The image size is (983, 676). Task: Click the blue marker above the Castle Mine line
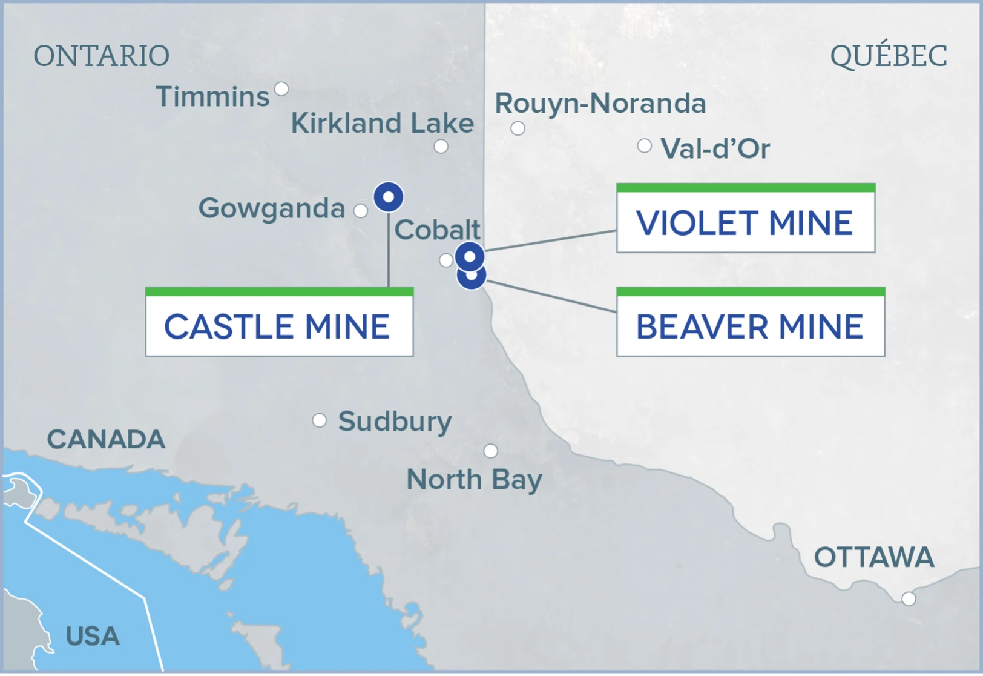pos(389,197)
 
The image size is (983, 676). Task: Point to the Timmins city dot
pos(281,89)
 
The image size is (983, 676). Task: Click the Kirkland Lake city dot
pos(441,146)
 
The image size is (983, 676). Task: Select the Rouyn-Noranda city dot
pos(518,128)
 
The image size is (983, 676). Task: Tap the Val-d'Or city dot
pos(645,145)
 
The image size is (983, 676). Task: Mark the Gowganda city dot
pos(361,211)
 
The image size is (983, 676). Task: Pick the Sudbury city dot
pos(320,420)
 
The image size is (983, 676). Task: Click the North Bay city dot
pos(491,451)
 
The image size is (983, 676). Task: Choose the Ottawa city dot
pos(909,599)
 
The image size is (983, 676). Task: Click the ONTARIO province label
pos(101,56)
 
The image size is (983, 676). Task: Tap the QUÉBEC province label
pos(889,56)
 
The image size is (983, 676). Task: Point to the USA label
pos(93,636)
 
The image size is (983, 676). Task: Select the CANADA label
pos(106,440)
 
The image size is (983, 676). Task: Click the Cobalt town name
pos(437,230)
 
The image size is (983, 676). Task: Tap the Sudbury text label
pos(395,422)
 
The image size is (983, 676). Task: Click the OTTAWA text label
pos(873,557)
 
